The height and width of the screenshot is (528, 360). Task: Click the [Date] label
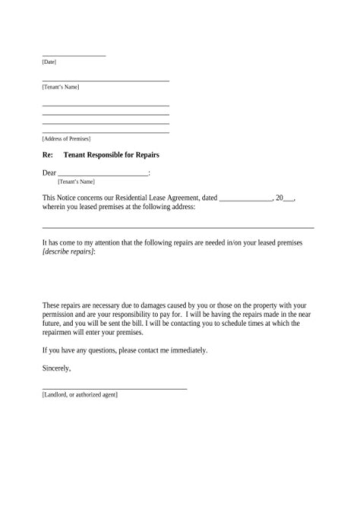click(x=49, y=62)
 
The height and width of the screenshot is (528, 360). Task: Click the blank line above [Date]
click(x=74, y=55)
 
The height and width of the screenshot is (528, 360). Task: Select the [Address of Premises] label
click(x=66, y=138)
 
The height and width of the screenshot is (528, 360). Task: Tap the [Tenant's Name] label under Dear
click(x=76, y=181)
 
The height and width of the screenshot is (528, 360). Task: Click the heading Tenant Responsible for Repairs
click(x=111, y=155)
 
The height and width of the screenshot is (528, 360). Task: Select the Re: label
click(x=47, y=155)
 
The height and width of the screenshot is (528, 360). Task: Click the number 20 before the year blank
click(x=279, y=198)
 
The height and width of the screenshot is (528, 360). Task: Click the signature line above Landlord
click(x=114, y=388)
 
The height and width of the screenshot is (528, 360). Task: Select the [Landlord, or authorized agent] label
click(x=80, y=395)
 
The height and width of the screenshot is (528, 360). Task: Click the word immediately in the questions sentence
click(x=188, y=350)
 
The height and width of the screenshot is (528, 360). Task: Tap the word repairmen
click(x=59, y=332)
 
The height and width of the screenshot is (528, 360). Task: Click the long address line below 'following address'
click(x=178, y=227)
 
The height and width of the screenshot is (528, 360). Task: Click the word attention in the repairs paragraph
click(x=106, y=242)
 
